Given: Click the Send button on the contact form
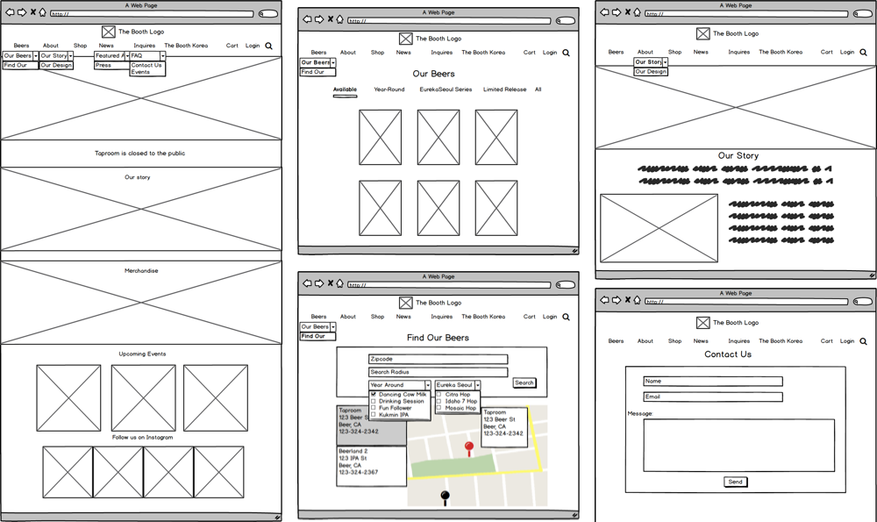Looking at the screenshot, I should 735,482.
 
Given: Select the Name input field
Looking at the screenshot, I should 712,382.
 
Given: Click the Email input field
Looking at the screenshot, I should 712,397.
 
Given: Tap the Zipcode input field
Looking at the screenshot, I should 438,359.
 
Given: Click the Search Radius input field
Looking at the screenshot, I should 438,372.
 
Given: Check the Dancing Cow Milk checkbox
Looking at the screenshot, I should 374,395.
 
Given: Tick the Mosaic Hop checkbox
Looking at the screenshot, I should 439,408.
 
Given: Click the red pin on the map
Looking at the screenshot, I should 469,448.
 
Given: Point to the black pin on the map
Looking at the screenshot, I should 445,497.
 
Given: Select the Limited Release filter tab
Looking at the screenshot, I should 504,89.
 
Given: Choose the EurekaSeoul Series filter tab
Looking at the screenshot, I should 446,89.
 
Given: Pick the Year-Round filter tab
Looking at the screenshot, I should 389,89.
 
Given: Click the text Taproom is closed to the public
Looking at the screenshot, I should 140,154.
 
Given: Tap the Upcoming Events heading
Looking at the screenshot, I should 142,354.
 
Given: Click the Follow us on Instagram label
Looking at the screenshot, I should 142,437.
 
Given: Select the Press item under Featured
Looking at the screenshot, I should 103,65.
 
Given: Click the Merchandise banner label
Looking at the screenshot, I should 141,271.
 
